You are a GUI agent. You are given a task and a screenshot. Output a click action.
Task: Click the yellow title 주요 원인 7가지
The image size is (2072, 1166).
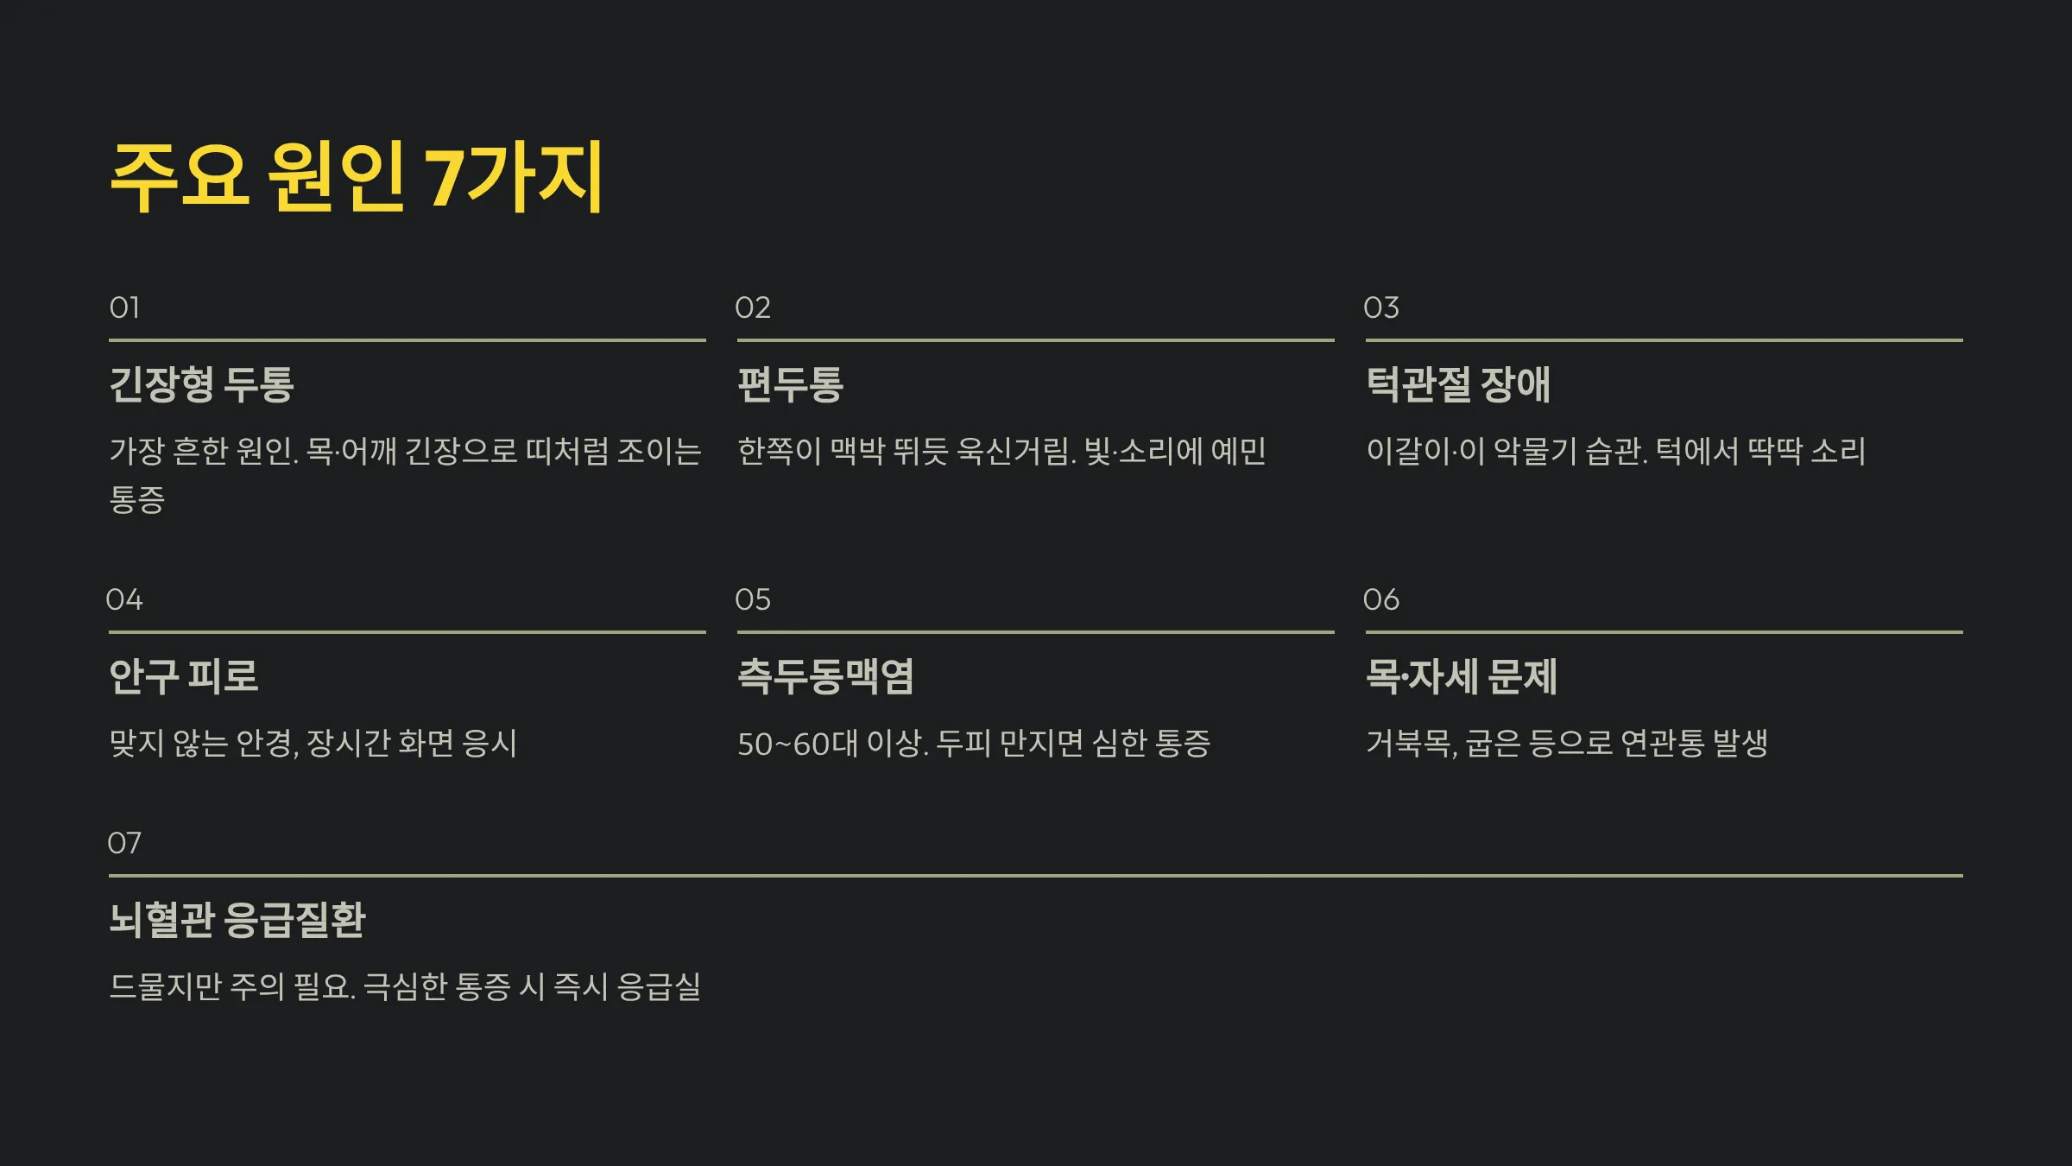357,177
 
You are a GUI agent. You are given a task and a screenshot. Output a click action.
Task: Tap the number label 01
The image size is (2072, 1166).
124,307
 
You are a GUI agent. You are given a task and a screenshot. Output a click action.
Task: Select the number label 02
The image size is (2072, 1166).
752,307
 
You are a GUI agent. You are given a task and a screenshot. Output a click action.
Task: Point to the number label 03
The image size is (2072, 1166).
1380,307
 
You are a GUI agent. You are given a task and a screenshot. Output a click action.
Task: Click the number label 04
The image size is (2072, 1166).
124,599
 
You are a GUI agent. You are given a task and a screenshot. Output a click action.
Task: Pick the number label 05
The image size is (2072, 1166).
752,599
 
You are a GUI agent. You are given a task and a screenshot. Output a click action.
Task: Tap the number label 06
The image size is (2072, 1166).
1380,599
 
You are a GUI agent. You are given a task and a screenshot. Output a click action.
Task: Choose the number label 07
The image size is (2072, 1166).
124,843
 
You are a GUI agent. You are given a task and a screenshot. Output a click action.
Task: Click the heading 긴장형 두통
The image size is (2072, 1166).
202,384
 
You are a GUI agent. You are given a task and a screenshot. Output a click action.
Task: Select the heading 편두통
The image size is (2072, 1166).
790,384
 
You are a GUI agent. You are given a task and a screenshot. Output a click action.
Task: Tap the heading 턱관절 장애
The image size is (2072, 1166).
1458,384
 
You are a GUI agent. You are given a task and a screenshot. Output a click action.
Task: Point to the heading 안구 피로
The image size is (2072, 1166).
184,676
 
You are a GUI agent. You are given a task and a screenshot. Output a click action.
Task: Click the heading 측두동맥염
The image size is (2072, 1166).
825,676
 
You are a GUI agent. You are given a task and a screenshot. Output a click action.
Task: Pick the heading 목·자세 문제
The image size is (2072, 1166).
1462,676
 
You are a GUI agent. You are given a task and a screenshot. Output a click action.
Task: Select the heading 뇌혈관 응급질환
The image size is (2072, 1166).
237,920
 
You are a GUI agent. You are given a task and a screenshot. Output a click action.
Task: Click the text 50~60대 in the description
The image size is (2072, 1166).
798,744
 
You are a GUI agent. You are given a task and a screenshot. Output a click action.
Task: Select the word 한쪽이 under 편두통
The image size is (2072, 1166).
779,451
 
